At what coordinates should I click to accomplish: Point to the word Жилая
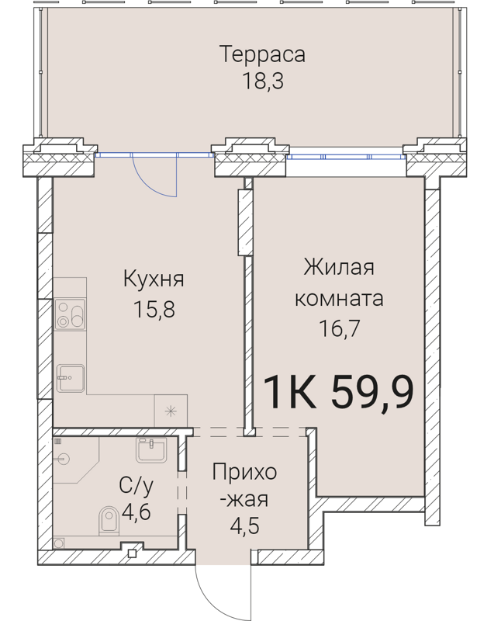[x=339, y=269]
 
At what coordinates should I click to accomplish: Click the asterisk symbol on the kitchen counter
[x=171, y=411]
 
